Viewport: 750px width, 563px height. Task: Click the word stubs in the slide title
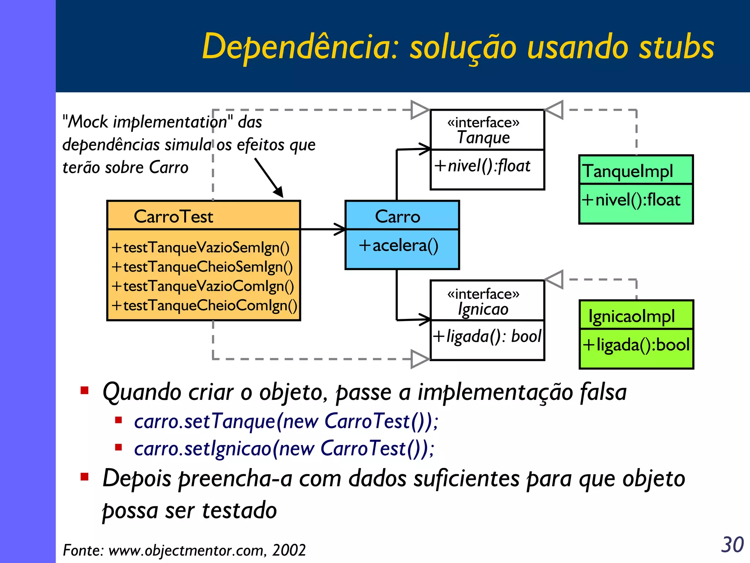click(676, 47)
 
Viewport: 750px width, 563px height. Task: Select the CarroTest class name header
click(173, 216)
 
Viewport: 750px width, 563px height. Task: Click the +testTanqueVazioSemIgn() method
click(201, 247)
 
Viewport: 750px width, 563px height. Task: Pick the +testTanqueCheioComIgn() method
click(204, 305)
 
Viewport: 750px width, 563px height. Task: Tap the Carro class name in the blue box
click(397, 216)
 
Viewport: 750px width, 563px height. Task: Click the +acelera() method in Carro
click(398, 245)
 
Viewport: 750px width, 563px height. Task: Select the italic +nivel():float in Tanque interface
click(482, 166)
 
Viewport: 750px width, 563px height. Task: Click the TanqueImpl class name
click(628, 171)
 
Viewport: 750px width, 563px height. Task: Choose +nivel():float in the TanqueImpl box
click(631, 200)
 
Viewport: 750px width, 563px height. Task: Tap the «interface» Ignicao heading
click(483, 302)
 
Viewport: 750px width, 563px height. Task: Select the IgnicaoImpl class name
click(631, 316)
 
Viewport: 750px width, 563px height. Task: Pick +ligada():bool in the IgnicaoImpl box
click(636, 345)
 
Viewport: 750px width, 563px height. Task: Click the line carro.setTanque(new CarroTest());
click(286, 421)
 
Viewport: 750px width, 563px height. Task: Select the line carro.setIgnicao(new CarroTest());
click(284, 448)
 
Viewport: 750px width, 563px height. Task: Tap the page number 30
click(732, 545)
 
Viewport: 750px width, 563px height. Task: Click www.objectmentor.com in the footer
click(187, 550)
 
